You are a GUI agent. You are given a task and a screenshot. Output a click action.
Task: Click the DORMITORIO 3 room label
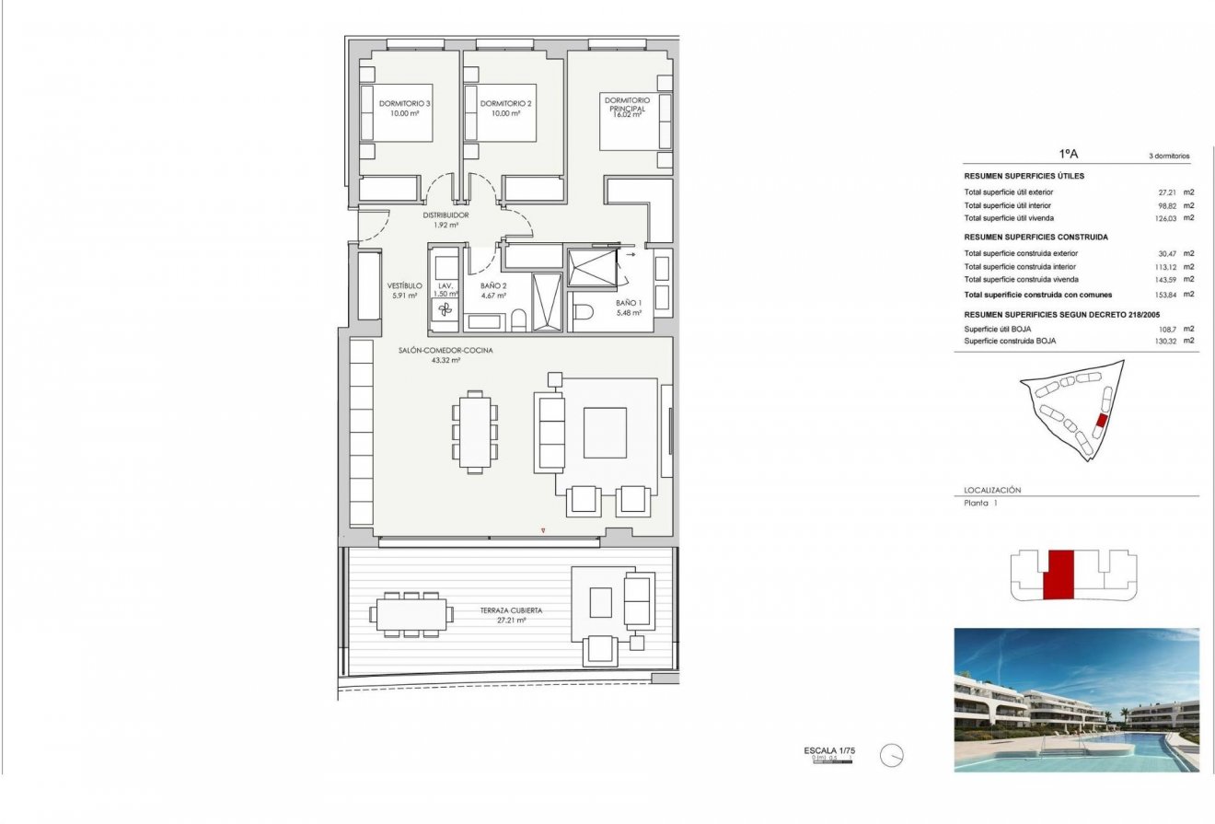pyautogui.click(x=405, y=104)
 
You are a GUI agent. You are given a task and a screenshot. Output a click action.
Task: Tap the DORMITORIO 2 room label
pyautogui.click(x=506, y=104)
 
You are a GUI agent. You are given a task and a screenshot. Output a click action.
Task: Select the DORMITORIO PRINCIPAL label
pyautogui.click(x=626, y=104)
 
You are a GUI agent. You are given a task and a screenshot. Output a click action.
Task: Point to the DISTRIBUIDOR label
pyautogui.click(x=445, y=215)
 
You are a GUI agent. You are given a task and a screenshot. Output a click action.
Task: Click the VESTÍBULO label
pyautogui.click(x=405, y=286)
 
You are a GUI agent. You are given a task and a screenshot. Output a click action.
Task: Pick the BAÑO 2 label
pyautogui.click(x=493, y=286)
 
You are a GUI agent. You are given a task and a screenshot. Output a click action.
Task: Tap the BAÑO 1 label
pyautogui.click(x=628, y=303)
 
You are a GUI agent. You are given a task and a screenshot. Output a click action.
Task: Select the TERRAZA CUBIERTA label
pyautogui.click(x=511, y=610)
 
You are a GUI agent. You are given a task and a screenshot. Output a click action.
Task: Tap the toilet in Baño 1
pyautogui.click(x=583, y=313)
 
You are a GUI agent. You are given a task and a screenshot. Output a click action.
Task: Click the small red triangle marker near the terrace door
pyautogui.click(x=544, y=530)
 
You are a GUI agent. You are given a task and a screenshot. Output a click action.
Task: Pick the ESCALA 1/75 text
pyautogui.click(x=829, y=751)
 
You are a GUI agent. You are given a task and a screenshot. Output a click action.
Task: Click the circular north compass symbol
pyautogui.click(x=891, y=756)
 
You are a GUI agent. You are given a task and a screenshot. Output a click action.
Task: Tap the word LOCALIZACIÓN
pyautogui.click(x=992, y=491)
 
